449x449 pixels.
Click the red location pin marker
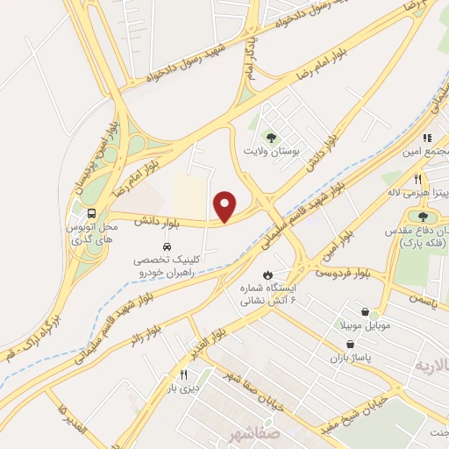coord(226,206)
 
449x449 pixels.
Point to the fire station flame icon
coord(280,273)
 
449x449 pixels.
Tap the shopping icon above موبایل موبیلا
coord(366,310)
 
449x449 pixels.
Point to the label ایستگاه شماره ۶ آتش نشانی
coord(268,294)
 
